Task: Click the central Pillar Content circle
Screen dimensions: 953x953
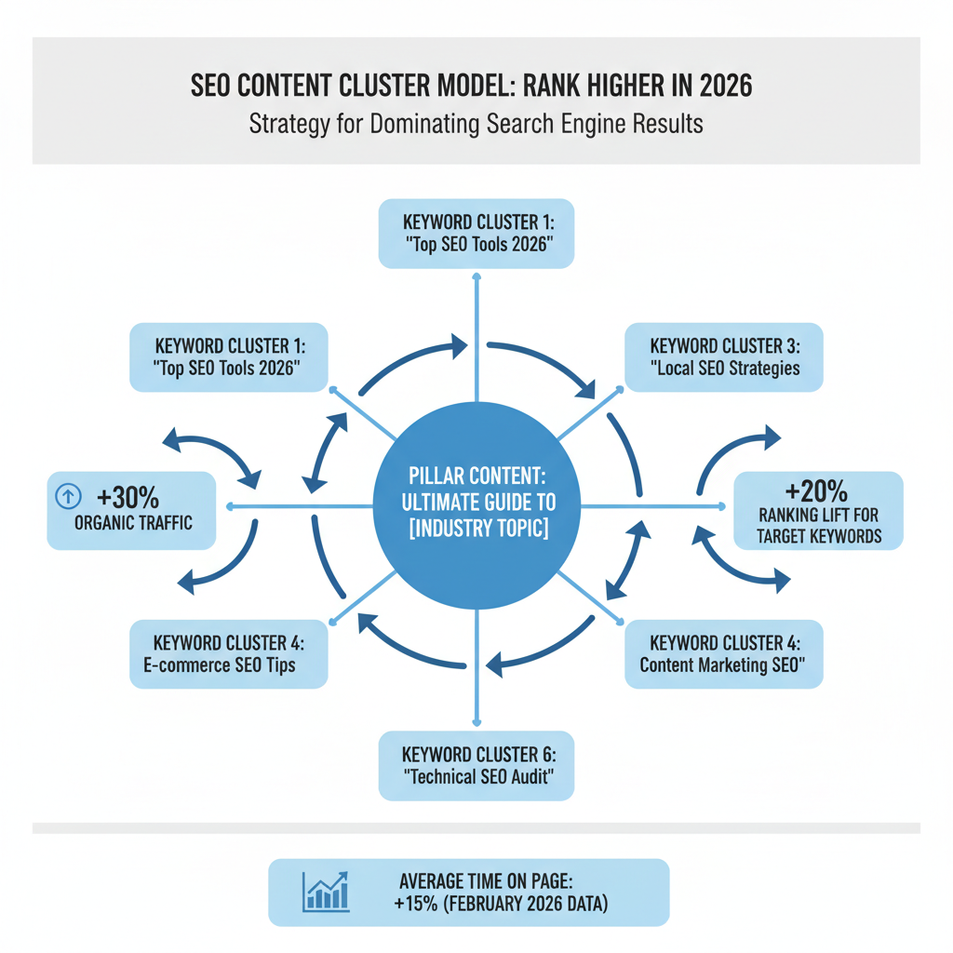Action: point(476,507)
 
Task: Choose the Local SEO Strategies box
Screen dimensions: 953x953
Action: point(724,356)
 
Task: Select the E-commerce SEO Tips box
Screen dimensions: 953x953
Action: point(228,655)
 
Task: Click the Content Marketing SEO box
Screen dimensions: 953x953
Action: point(724,655)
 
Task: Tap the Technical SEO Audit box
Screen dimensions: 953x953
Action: point(476,766)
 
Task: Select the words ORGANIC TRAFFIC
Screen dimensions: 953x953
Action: point(134,522)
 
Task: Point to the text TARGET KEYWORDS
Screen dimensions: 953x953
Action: point(819,536)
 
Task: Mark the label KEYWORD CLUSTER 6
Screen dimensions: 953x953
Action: point(476,754)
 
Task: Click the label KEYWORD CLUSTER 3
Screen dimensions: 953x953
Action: point(724,345)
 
